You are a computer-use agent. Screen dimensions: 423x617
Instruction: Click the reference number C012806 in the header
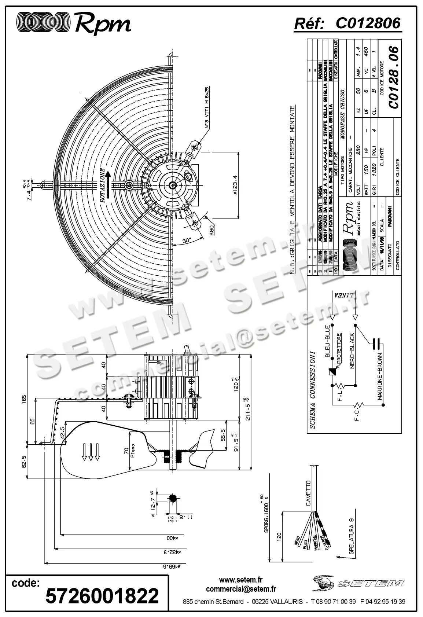tap(368, 23)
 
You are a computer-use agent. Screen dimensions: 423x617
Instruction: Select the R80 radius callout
tap(211, 231)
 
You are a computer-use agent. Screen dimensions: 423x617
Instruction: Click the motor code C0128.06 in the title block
tap(394, 77)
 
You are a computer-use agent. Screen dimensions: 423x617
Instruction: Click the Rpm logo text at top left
tap(103, 25)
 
